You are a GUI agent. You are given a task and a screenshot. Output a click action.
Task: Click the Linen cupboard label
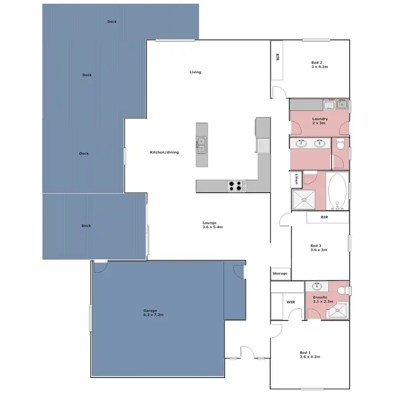click(297, 180)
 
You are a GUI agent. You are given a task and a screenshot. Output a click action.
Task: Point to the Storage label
click(280, 274)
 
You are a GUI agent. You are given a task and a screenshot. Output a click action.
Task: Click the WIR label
click(290, 303)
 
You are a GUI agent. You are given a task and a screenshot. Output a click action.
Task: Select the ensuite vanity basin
click(317, 287)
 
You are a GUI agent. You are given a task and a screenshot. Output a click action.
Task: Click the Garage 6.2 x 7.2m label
click(154, 313)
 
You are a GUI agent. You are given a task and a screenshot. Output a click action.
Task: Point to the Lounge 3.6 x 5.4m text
click(213, 225)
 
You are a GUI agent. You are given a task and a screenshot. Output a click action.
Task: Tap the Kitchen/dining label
click(164, 152)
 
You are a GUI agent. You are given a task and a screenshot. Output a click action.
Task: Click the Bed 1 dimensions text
click(310, 357)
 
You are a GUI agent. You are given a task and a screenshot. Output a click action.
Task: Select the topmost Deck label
click(112, 22)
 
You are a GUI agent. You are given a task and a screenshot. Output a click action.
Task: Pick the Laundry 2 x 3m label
click(320, 121)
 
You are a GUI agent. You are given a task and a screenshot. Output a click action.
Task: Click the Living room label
click(195, 72)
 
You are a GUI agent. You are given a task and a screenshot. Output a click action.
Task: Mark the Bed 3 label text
click(316, 246)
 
